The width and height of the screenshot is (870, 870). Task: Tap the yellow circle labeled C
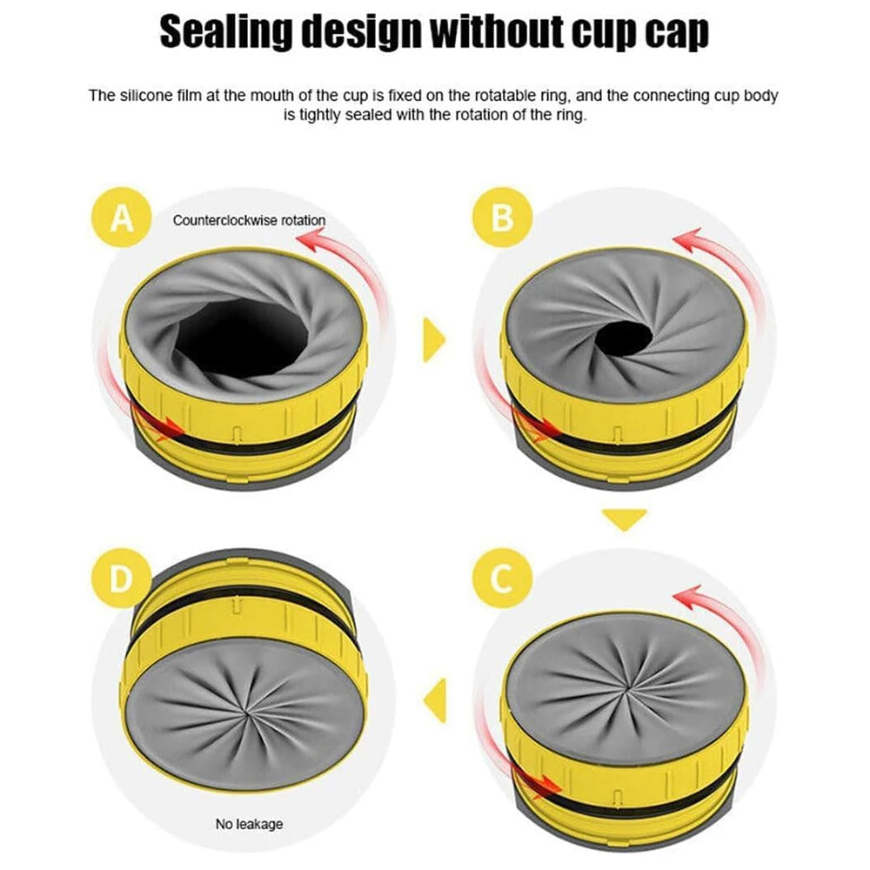(x=502, y=579)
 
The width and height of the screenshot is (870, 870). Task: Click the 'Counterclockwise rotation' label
(x=249, y=220)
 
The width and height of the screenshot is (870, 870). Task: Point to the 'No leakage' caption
(x=249, y=823)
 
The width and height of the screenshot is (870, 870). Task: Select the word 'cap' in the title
(x=673, y=33)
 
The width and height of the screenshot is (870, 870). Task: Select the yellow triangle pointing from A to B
(x=433, y=339)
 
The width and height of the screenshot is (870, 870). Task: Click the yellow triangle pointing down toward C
(x=625, y=519)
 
